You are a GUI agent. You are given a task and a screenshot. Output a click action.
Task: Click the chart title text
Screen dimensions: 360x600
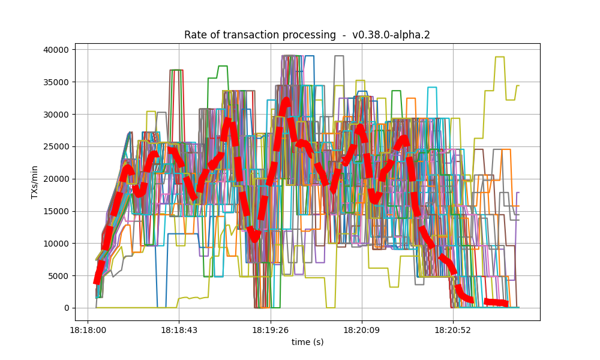307,35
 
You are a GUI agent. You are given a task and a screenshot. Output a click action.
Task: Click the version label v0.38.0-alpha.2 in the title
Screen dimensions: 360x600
391,35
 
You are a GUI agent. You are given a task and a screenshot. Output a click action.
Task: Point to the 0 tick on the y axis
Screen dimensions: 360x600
67,308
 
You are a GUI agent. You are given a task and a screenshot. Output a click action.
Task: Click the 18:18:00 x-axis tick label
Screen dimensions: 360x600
88,330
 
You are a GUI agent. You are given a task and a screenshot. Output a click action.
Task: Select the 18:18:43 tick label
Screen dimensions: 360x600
179,330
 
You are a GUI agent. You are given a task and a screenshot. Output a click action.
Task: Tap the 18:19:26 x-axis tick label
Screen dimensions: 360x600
271,330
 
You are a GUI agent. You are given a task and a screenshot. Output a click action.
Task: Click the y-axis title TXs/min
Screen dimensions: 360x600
35,182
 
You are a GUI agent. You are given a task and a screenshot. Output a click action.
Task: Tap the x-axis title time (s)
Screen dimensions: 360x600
307,342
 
